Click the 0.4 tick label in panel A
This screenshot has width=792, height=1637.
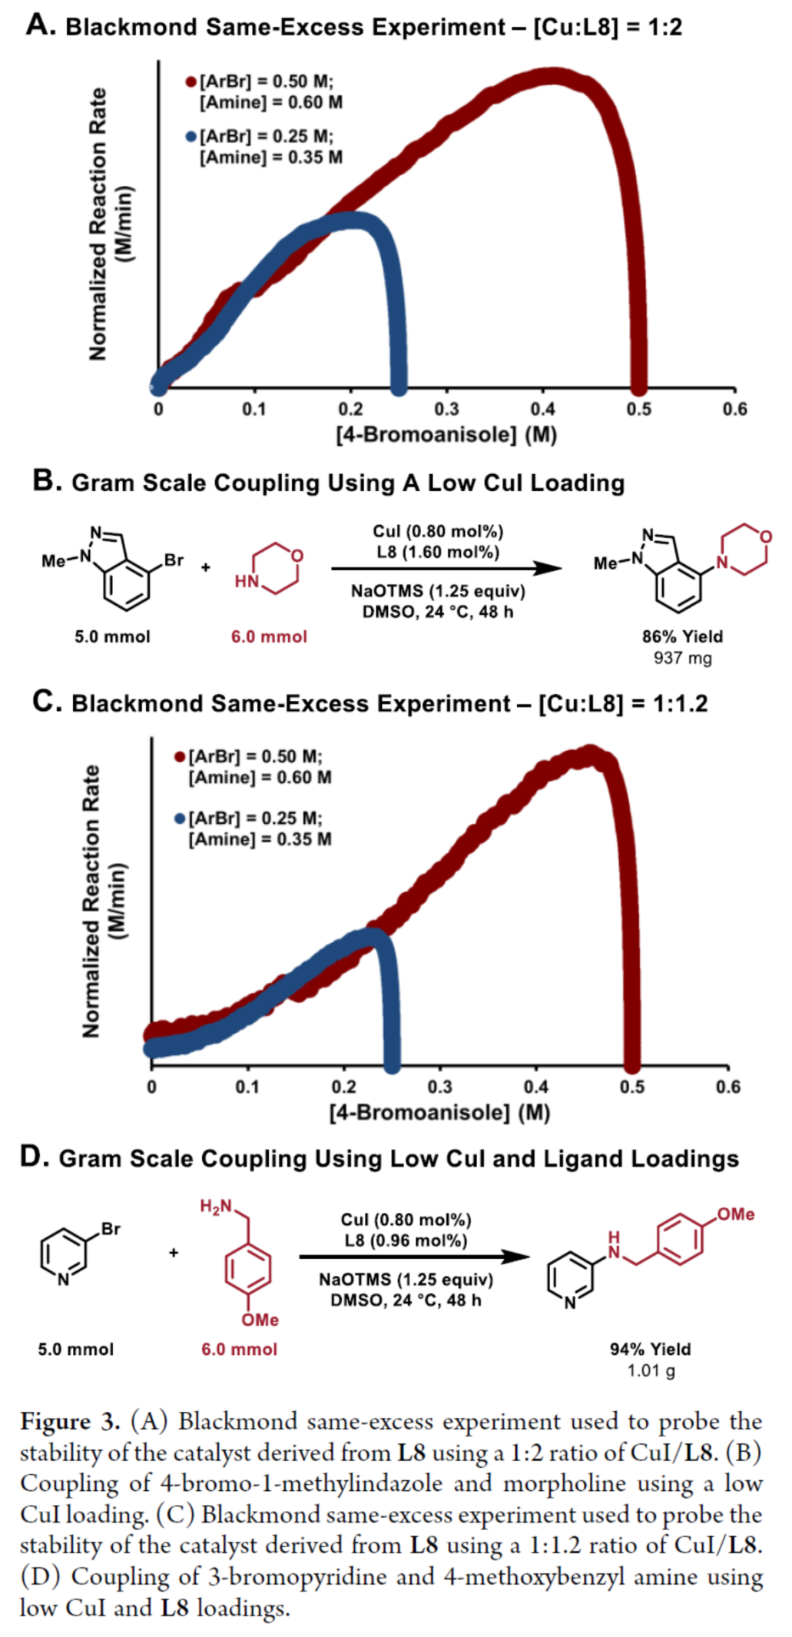coord(542,409)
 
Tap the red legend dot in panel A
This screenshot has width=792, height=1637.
coord(191,81)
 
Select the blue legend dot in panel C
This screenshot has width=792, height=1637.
coord(180,818)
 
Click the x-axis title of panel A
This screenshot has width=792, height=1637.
coord(446,435)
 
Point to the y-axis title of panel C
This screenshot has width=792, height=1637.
coord(103,901)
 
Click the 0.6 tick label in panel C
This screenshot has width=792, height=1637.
coord(727,1087)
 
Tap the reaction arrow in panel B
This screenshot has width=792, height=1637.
coord(446,569)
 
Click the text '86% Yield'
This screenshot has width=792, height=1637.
coord(682,636)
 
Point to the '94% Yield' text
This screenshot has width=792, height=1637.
coord(650,1350)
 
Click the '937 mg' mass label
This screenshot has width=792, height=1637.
coord(682,658)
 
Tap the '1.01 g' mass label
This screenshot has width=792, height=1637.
coord(651,1370)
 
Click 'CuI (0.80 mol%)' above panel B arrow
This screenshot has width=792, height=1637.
coord(438,531)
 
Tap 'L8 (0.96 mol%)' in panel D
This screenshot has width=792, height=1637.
coord(406,1240)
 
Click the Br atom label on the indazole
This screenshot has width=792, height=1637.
coord(174,560)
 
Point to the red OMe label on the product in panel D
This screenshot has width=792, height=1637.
coord(735,1214)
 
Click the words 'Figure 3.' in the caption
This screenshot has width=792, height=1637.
coord(69,1422)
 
